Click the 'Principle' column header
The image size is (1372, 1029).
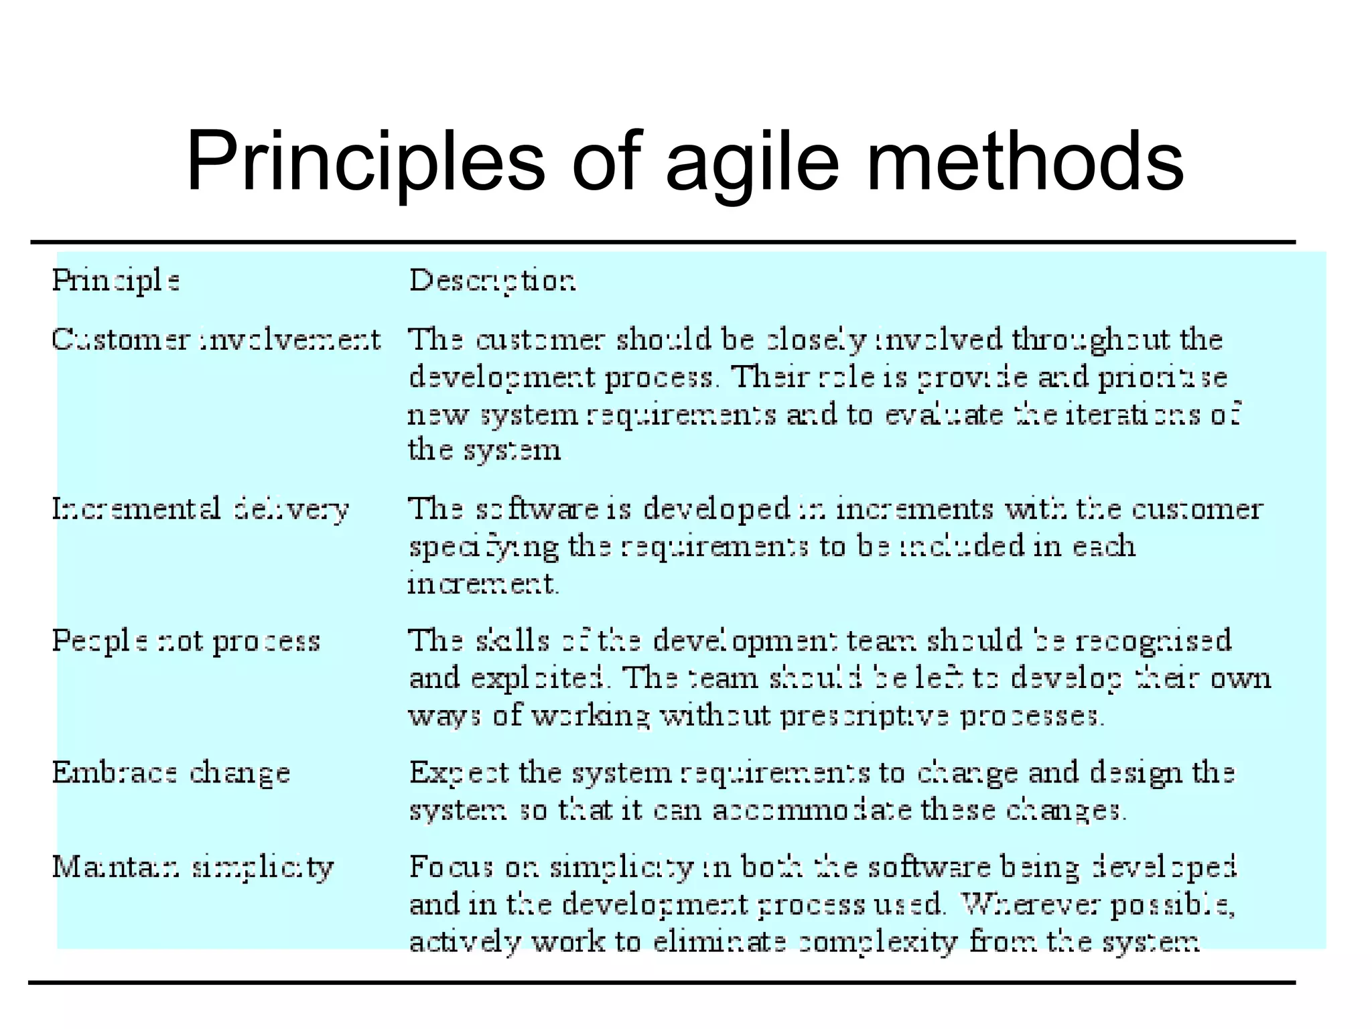pyautogui.click(x=116, y=281)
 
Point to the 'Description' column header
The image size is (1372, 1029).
pyautogui.click(x=492, y=281)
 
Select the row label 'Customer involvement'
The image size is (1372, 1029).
pyautogui.click(x=216, y=340)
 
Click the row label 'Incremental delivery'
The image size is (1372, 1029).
pyautogui.click(x=200, y=509)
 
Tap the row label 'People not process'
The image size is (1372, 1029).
pyautogui.click(x=186, y=641)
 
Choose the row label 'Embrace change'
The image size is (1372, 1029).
pyautogui.click(x=171, y=773)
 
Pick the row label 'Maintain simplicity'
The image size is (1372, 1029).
pyautogui.click(x=193, y=868)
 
